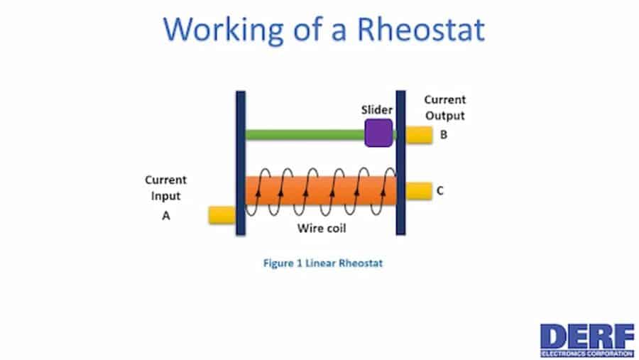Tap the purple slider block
pos(378,133)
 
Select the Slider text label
pos(378,110)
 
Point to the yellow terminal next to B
pos(419,133)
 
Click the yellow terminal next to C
pos(419,190)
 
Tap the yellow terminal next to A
pos(222,215)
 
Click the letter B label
pos(444,133)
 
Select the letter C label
pos(441,190)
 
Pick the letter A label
pos(166,216)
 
